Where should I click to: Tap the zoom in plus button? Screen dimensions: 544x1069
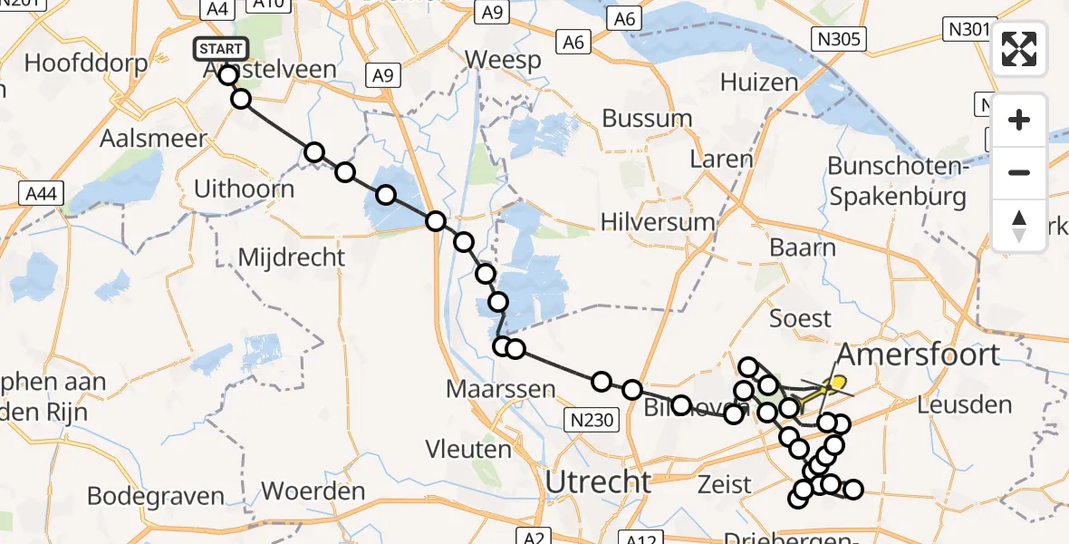[x=1019, y=120]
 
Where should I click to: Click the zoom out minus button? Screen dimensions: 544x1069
[x=1019, y=172]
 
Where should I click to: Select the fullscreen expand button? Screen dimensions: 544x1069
[x=1019, y=48]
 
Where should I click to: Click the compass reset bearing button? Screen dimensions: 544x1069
[x=1019, y=226]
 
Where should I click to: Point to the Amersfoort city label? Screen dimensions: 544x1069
[x=920, y=354]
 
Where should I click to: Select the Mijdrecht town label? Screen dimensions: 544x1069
[x=292, y=257]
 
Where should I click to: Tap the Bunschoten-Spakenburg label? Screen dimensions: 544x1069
[x=898, y=181]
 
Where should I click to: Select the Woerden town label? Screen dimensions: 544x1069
[x=313, y=491]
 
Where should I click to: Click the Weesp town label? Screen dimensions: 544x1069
[x=503, y=60]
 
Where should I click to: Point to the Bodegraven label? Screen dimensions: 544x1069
[x=156, y=496]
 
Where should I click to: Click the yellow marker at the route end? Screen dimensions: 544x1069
[x=838, y=384]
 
